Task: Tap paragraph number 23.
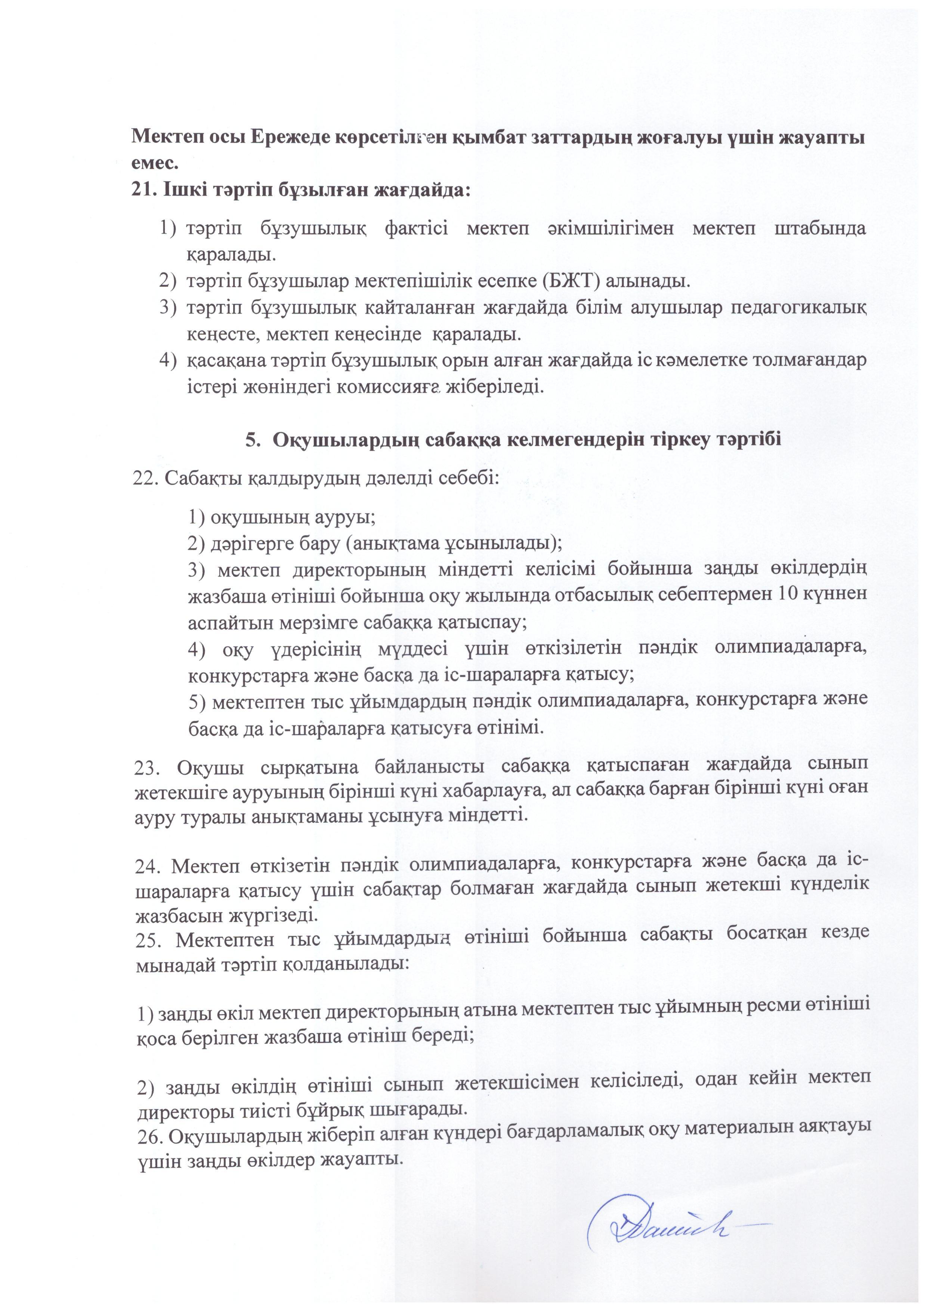point(146,767)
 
